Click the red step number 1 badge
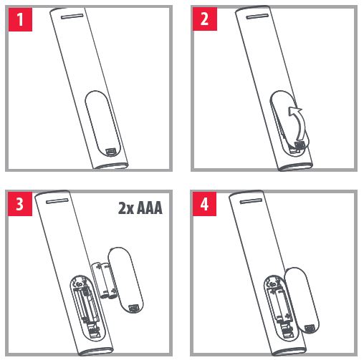pos(20,19)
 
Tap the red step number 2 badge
pos(205,19)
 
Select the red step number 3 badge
pos(20,204)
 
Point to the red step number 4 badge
pos(204,204)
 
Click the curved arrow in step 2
pos(299,122)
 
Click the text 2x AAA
pos(140,208)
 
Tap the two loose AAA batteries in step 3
pos(104,281)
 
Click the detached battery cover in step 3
pos(125,281)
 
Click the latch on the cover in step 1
pos(111,152)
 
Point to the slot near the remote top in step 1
pos(72,16)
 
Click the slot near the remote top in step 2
pos(257,16)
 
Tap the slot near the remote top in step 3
pos(57,201)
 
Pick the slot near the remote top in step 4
pos(251,201)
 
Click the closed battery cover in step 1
pos(103,124)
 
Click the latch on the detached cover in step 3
pos(133,308)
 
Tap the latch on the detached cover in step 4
pos(310,329)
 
